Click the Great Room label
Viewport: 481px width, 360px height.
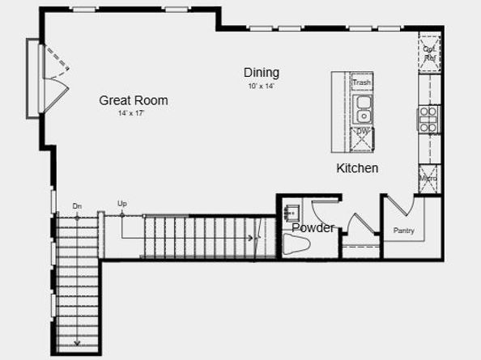pos(134,100)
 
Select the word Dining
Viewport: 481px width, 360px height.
pos(262,73)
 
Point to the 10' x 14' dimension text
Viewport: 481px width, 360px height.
pos(261,86)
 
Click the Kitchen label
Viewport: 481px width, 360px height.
pos(358,168)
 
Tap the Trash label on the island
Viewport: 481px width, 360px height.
pos(362,83)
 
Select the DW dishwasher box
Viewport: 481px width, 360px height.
pos(363,132)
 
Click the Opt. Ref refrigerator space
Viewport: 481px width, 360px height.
pos(429,53)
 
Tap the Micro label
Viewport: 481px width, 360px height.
pos(428,178)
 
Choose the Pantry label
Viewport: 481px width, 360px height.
pos(404,231)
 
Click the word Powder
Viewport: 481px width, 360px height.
pos(313,227)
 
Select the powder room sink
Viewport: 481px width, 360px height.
pos(292,213)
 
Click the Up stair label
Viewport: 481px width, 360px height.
pos(122,204)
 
